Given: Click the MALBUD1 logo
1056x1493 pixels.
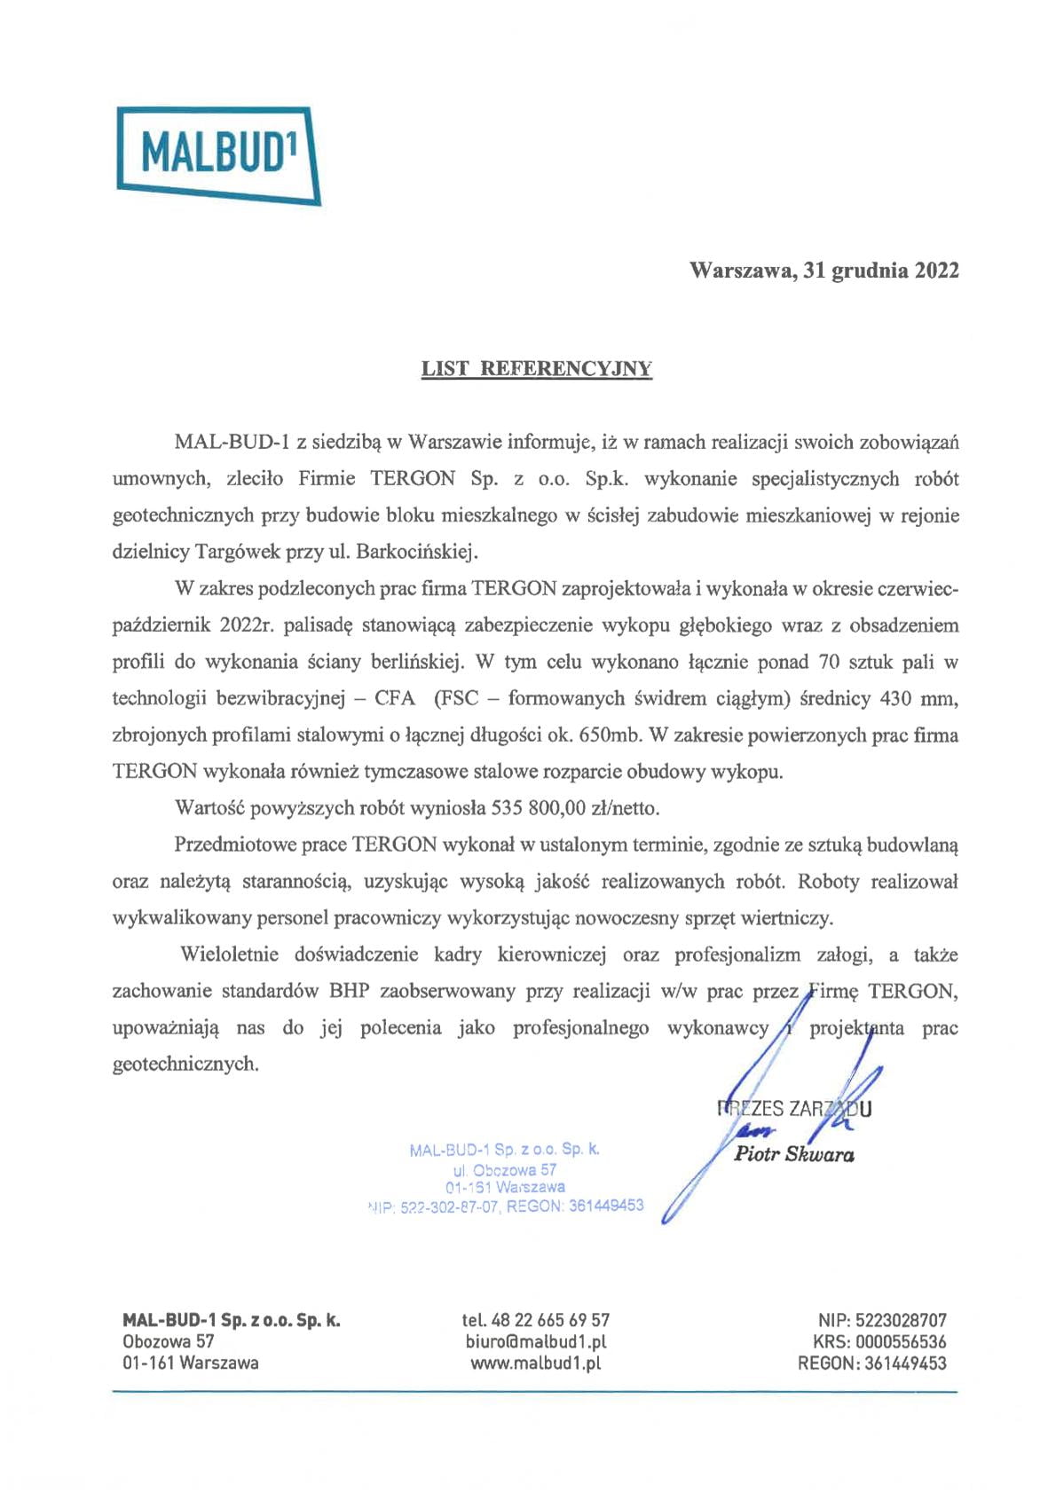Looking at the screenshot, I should (x=217, y=156).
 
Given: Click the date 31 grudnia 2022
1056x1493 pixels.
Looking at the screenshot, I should (x=881, y=271).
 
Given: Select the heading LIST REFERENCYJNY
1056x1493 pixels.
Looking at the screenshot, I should (x=536, y=369).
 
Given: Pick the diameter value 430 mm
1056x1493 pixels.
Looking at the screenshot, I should (x=918, y=698).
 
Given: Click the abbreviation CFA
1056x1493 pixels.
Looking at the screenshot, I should (x=394, y=698).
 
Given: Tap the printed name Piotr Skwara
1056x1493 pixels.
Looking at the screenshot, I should (x=794, y=1154).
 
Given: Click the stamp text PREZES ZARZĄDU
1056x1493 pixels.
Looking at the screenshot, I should (x=794, y=1108).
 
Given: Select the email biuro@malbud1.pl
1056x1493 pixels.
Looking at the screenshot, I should (x=536, y=1341).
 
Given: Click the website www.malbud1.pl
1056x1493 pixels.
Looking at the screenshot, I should (x=536, y=1363).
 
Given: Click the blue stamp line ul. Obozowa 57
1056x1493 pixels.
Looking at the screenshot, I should (x=504, y=1170).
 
